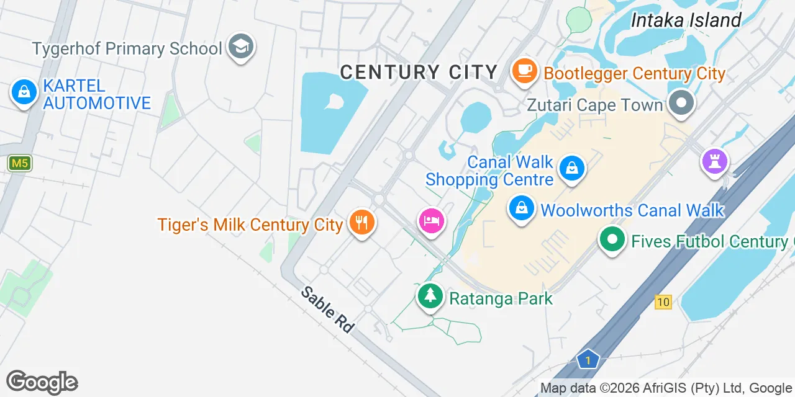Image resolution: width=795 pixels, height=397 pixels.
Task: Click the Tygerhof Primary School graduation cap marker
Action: click(240, 47)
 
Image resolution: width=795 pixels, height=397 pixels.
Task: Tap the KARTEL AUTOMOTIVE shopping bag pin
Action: click(24, 92)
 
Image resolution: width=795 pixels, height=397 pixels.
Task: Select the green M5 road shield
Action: click(20, 164)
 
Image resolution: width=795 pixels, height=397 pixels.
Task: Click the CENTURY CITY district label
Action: click(419, 73)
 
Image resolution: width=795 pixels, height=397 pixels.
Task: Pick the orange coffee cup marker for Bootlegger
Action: click(525, 71)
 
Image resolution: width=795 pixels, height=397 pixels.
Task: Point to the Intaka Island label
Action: click(686, 20)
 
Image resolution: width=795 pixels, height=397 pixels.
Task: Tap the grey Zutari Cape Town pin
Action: click(681, 103)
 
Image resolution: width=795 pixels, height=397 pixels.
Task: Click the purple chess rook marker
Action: click(715, 161)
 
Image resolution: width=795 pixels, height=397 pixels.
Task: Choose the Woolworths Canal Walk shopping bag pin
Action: click(522, 208)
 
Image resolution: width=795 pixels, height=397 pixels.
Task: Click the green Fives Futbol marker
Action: click(612, 239)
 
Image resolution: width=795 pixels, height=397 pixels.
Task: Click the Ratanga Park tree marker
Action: click(429, 295)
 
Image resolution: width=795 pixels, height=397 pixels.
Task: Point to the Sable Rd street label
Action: click(328, 310)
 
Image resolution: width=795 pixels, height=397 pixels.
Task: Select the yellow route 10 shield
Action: click(663, 302)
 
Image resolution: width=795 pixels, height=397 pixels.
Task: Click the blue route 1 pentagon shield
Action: click(587, 359)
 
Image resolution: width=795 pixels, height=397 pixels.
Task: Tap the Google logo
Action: click(42, 382)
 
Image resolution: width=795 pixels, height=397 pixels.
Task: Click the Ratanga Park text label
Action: click(501, 298)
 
